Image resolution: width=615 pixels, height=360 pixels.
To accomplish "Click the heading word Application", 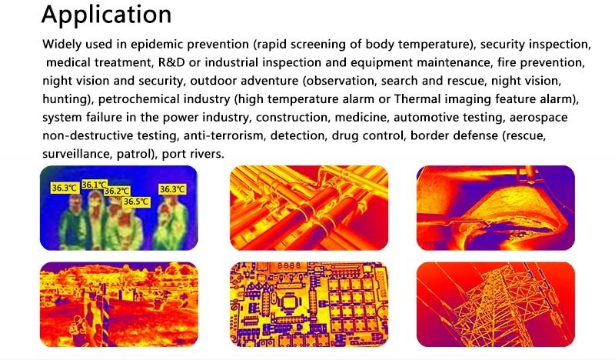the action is [x=106, y=15].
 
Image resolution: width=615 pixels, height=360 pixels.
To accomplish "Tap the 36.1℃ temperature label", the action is [x=95, y=185].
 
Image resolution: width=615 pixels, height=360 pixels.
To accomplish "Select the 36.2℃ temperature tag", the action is [x=117, y=192].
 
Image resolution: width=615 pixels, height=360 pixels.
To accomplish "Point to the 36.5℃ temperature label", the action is [x=136, y=202].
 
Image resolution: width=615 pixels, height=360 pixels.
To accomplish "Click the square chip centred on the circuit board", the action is [x=291, y=302].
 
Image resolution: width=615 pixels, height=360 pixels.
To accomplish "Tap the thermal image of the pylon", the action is [x=496, y=305].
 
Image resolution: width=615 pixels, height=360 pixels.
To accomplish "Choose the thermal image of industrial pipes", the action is [x=309, y=208].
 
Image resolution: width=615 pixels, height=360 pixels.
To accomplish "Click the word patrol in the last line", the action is [x=134, y=155].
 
